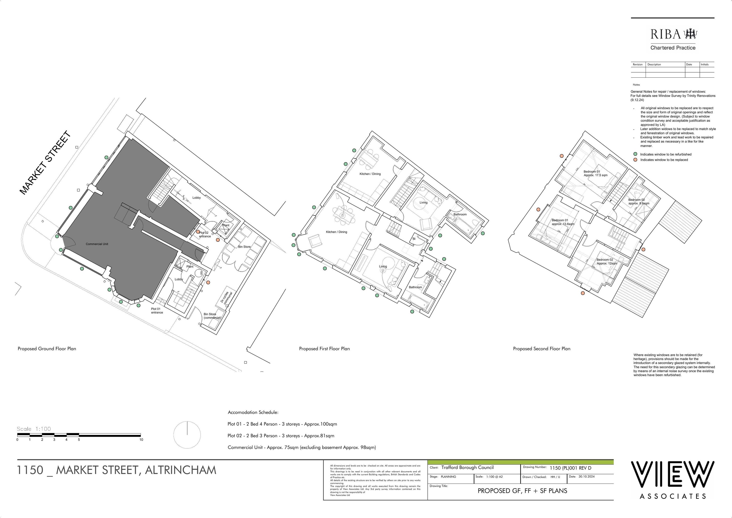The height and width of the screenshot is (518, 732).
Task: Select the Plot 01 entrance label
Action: tap(157, 311)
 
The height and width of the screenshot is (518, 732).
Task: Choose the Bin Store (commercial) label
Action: tap(212, 316)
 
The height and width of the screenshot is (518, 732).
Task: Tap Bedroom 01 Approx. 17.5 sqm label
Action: tap(595, 173)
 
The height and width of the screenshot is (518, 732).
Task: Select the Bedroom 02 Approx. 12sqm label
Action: tap(606, 261)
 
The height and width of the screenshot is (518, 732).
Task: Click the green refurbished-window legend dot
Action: tap(635, 154)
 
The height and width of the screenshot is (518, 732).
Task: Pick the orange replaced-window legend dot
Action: tap(635, 159)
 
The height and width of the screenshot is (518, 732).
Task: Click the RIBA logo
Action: tap(672, 34)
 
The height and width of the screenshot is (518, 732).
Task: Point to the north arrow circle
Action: tap(187, 435)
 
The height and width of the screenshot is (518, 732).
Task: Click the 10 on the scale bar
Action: tap(141, 440)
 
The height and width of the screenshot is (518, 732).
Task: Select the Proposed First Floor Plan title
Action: tap(324, 349)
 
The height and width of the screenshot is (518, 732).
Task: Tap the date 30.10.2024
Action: tap(586, 476)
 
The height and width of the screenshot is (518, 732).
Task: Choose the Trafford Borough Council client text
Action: tap(468, 468)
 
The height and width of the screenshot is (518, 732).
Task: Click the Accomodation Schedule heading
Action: tap(253, 412)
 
